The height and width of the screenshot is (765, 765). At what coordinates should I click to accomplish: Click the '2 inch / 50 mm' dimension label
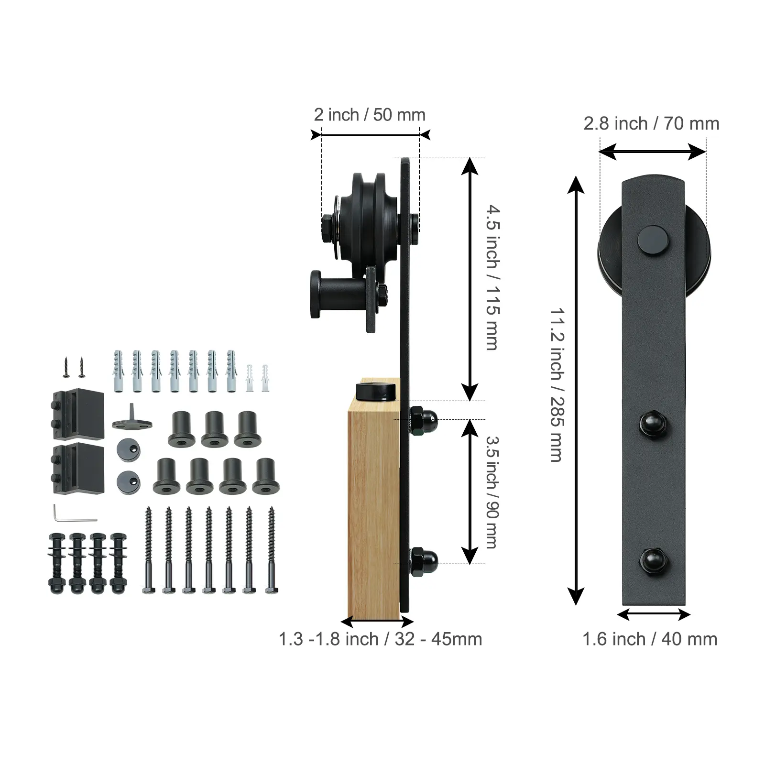pyautogui.click(x=370, y=115)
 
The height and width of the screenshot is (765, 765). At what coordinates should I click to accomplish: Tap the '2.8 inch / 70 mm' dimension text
pyautogui.click(x=651, y=123)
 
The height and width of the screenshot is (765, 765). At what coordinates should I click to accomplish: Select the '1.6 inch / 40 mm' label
pyautogui.click(x=650, y=639)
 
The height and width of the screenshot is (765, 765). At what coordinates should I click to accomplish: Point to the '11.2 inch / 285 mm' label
pyautogui.click(x=557, y=385)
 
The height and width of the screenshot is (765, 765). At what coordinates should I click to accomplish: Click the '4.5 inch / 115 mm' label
pyautogui.click(x=493, y=278)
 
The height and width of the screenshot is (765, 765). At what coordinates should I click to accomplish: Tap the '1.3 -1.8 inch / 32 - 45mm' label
pyautogui.click(x=381, y=639)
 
